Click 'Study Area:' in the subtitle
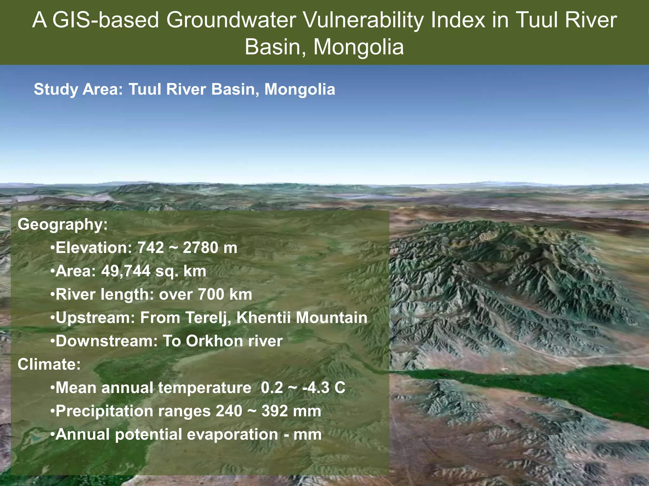point(78,89)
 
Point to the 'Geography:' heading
point(62,224)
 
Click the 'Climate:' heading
point(49,364)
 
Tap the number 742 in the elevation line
point(151,248)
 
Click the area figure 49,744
point(126,271)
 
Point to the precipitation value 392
point(274,411)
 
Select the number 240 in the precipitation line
point(229,411)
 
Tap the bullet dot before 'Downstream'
point(53,341)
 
